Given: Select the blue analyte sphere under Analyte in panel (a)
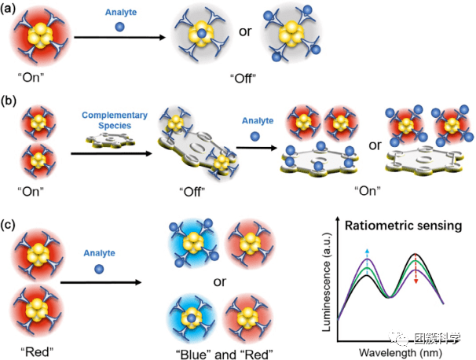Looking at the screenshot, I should pyautogui.click(x=119, y=27).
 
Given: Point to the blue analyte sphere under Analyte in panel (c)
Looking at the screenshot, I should pyautogui.click(x=97, y=270).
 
